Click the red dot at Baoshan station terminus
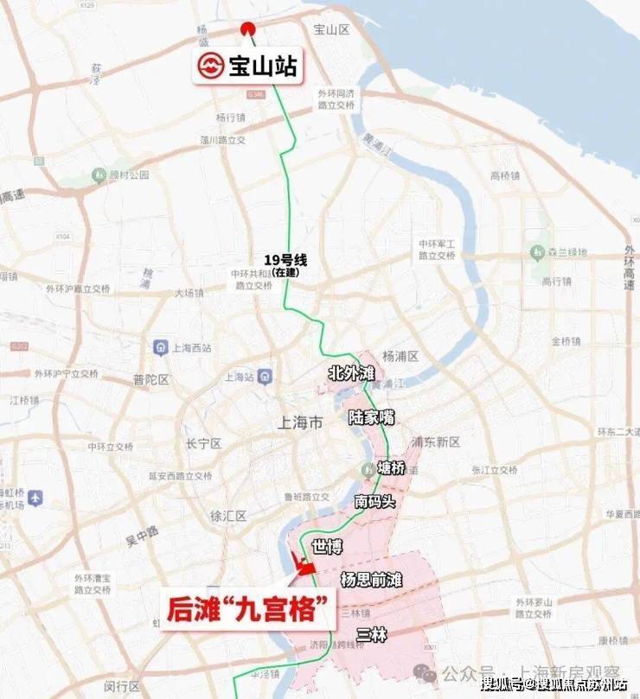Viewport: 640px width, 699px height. pos(248,27)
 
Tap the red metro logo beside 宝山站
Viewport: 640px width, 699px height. pos(210,67)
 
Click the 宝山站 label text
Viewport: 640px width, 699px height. pos(262,67)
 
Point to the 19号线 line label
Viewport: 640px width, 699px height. pos(285,259)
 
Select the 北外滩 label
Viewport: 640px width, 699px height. pos(350,373)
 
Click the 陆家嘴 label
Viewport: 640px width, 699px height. pos(371,417)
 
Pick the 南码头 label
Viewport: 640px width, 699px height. pos(374,500)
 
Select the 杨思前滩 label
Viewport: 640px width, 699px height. pos(372,579)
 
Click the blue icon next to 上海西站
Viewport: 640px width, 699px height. pos(160,347)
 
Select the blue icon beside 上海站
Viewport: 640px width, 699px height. pos(265,377)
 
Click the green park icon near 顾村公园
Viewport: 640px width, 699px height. pos(102,175)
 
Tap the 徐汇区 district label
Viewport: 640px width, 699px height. pos(228,516)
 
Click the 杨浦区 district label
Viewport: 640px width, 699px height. pos(400,356)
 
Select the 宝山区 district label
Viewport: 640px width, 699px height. pos(330,29)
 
